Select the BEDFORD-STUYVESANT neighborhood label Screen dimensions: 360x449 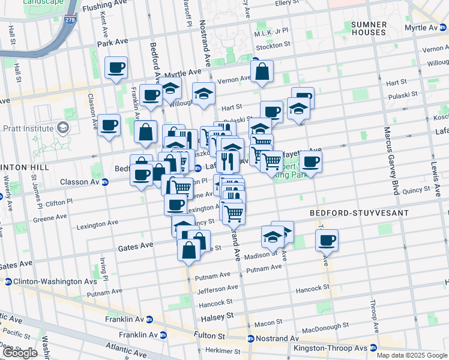[359, 213]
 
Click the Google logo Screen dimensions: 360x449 [20, 353]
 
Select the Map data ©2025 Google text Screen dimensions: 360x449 [411, 355]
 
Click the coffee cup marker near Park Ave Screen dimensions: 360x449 [116, 68]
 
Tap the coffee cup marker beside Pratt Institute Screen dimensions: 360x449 [109, 125]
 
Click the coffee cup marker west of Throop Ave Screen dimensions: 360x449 [327, 241]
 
